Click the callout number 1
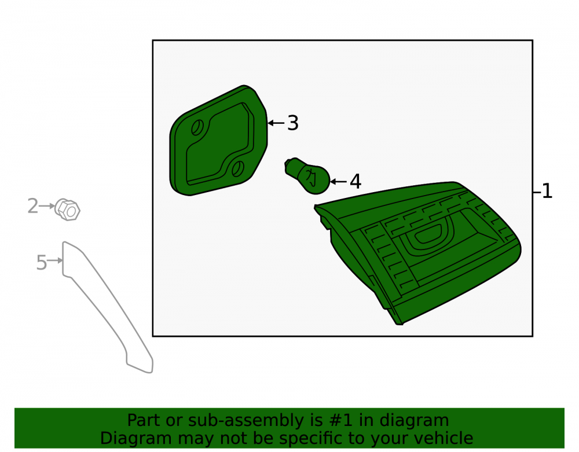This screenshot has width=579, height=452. click(x=547, y=192)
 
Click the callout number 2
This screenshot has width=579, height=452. click(x=33, y=206)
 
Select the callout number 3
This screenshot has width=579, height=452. click(x=293, y=123)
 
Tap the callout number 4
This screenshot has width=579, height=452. click(x=356, y=182)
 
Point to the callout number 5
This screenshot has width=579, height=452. click(x=41, y=263)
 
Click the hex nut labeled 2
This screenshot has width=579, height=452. click(x=67, y=210)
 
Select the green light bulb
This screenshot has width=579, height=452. click(x=307, y=175)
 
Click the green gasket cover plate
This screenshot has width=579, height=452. click(x=218, y=140)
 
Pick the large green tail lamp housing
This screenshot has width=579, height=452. click(x=417, y=251)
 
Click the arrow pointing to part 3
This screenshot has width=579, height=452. click(x=276, y=123)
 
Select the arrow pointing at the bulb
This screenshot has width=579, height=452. click(x=338, y=182)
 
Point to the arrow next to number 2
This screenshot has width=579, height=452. click(x=47, y=206)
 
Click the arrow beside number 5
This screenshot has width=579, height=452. click(x=55, y=260)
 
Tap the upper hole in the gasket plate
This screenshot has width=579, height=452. click(x=197, y=128)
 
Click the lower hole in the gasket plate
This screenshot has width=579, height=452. click(x=238, y=168)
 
